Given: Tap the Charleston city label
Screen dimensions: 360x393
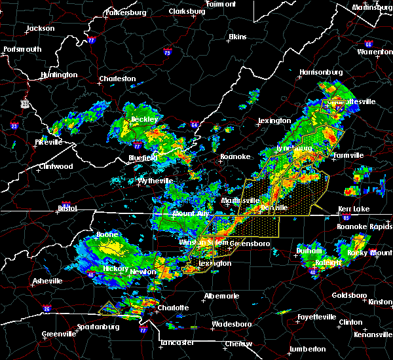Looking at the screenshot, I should [117, 79].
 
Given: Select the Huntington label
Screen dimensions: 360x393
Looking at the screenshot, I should [58, 75].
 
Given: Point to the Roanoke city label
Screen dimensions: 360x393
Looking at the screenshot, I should [234, 156].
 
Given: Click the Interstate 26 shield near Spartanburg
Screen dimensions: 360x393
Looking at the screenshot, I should [48, 308].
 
